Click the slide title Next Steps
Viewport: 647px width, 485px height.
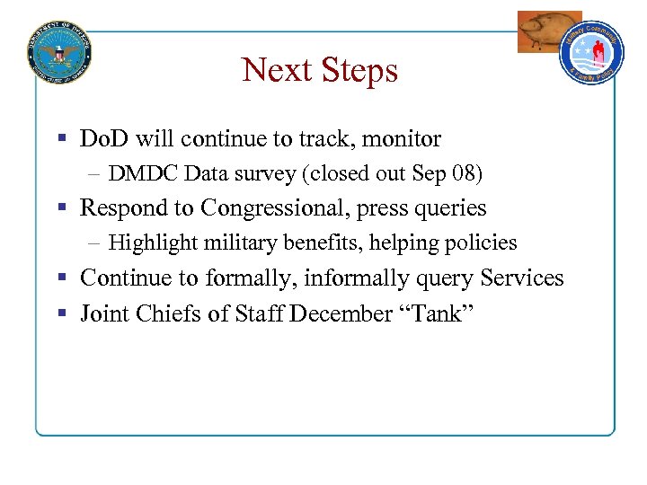tap(319, 70)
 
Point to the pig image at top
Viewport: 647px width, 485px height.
tap(548, 31)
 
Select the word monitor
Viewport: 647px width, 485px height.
tap(402, 139)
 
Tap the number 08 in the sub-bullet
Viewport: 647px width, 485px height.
tap(471, 173)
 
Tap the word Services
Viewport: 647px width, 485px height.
tap(516, 278)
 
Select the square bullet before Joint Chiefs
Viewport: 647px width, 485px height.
tap(63, 314)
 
